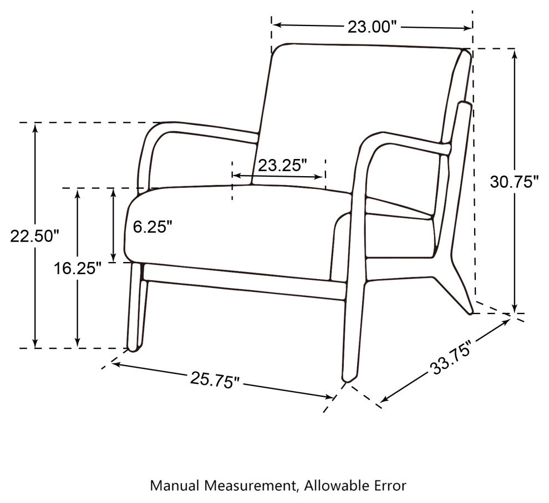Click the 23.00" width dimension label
click(373, 27)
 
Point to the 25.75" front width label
click(215, 380)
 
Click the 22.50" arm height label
click(35, 236)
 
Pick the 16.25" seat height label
click(78, 269)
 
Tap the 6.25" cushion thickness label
click(153, 227)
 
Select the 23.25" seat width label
click(282, 165)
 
